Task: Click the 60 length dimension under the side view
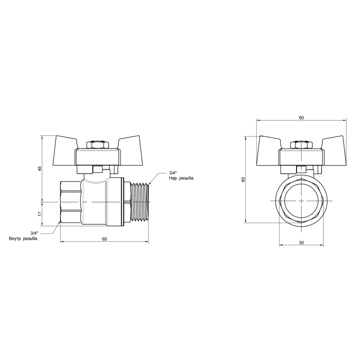104,239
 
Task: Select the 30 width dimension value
301,243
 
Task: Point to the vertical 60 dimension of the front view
243,179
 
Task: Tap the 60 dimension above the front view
301,117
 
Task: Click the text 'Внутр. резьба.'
23,238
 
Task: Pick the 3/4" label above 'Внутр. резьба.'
35,233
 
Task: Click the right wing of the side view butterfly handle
130,145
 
